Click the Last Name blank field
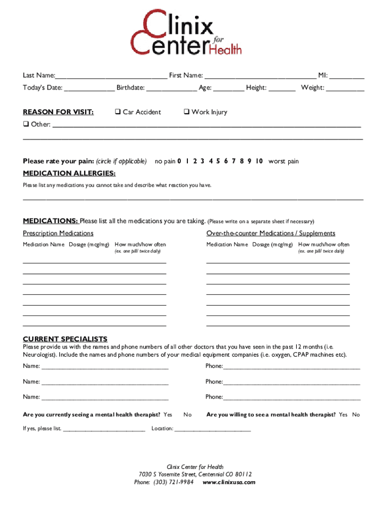(x=111, y=76)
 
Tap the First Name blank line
(x=260, y=76)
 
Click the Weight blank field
(x=345, y=89)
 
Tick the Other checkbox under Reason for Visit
(x=26, y=124)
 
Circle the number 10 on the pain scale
(x=259, y=161)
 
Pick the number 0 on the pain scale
(x=179, y=161)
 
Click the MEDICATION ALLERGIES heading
(x=69, y=174)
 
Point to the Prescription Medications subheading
(x=58, y=233)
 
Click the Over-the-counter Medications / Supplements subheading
(x=270, y=233)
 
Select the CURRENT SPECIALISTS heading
(x=65, y=339)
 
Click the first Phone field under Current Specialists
(x=291, y=367)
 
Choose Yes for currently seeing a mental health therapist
(x=168, y=415)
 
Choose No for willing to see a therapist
(x=356, y=415)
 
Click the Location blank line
(x=213, y=429)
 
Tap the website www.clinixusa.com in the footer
(x=229, y=482)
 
